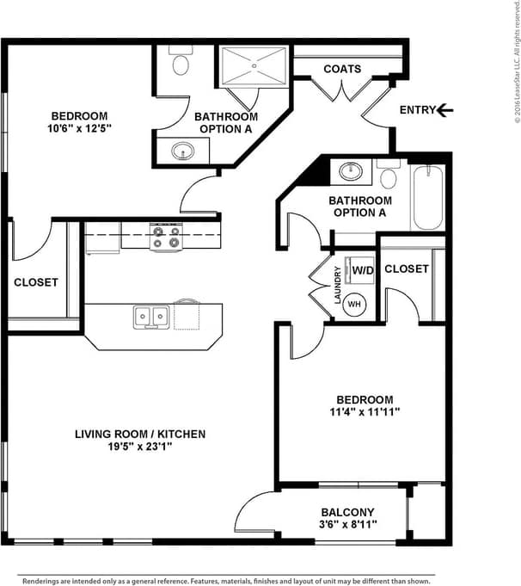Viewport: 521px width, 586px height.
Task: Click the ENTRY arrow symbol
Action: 444,110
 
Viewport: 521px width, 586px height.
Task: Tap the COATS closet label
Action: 341,69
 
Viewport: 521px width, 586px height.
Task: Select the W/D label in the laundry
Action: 362,270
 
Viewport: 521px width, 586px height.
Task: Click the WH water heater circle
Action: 356,304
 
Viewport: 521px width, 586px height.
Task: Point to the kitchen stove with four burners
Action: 166,237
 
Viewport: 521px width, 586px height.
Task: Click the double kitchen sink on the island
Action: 150,317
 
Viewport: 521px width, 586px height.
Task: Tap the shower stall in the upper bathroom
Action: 254,67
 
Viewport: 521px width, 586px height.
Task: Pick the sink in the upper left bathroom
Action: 182,151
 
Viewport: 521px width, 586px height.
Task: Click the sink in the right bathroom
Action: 350,170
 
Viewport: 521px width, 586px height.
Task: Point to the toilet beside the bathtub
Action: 389,176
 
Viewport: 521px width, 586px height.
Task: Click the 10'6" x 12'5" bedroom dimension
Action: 79,127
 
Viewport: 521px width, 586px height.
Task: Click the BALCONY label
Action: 347,510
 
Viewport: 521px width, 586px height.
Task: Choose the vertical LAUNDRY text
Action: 338,286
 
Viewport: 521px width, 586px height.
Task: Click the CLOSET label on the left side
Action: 36,282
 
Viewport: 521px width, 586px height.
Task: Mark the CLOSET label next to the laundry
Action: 407,268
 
